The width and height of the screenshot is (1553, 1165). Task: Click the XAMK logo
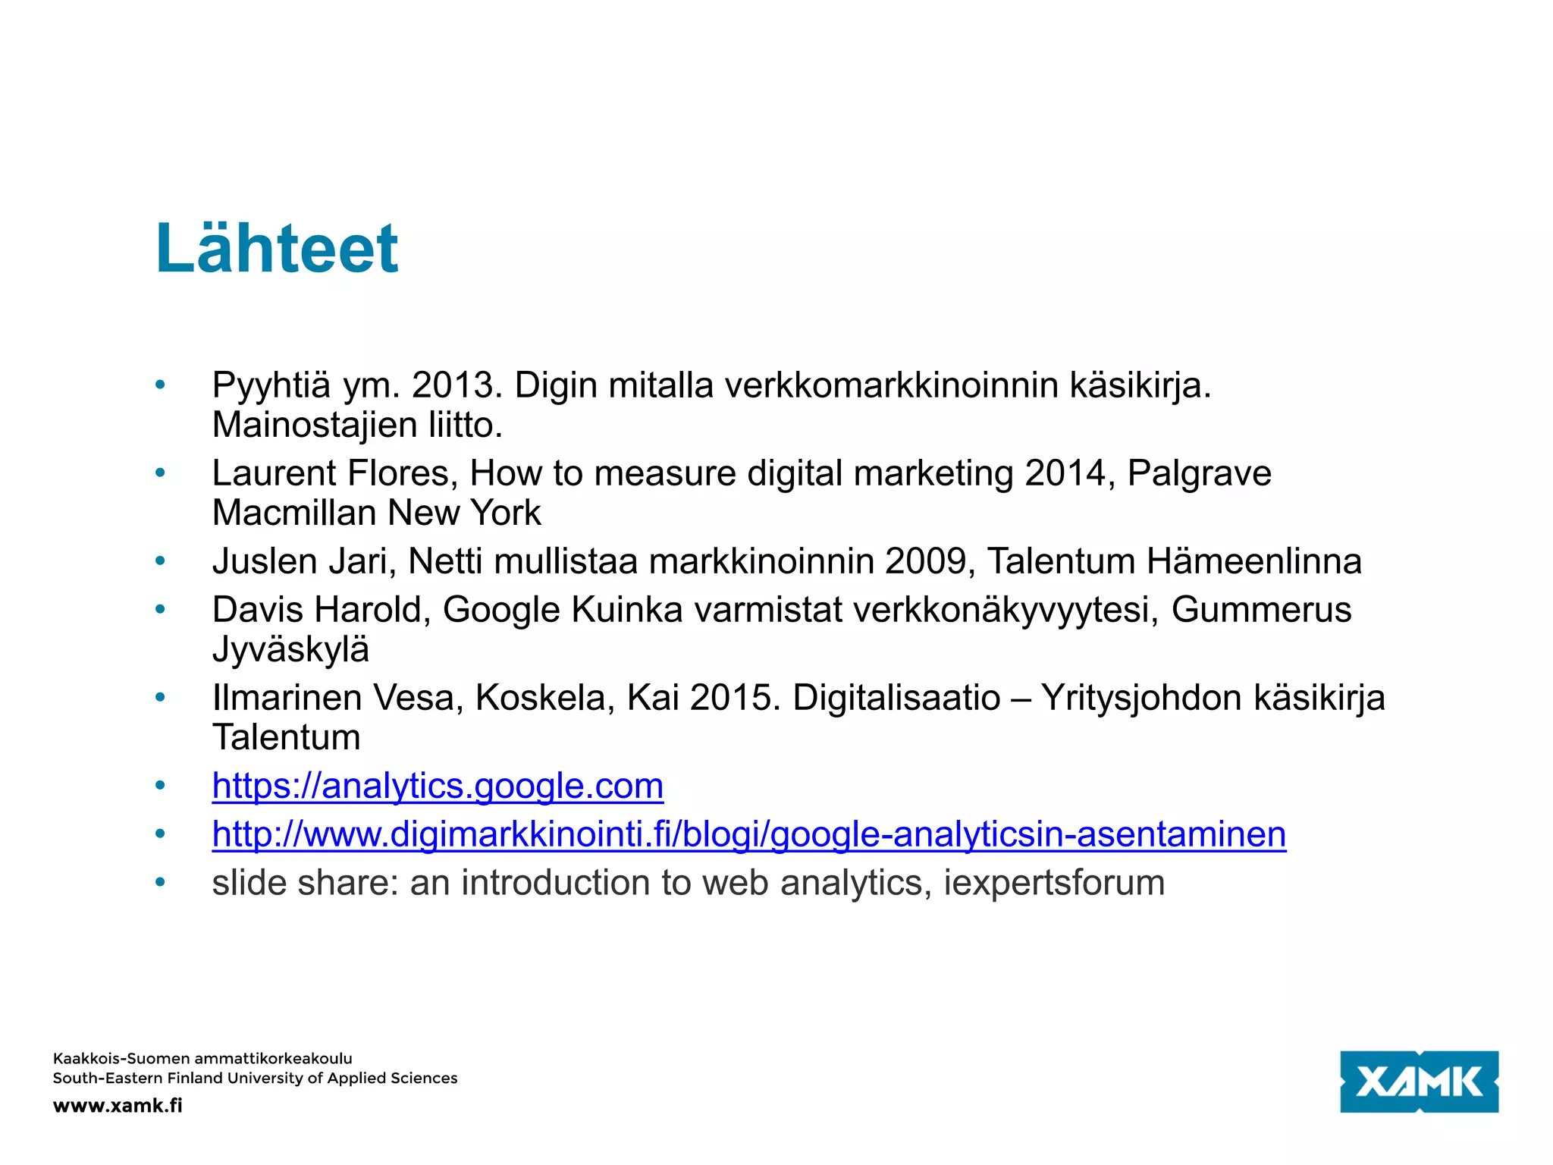click(1419, 1082)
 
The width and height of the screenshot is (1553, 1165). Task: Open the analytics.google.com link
click(438, 786)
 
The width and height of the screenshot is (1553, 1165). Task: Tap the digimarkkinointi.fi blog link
click(748, 834)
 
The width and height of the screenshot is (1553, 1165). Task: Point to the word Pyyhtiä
click(271, 385)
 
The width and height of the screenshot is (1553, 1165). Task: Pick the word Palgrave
click(1199, 473)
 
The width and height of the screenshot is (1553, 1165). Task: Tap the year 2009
click(930, 561)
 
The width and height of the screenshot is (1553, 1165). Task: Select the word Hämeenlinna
click(1253, 561)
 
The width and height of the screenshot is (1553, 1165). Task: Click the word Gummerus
click(1261, 610)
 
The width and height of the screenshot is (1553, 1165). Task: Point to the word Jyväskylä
click(290, 649)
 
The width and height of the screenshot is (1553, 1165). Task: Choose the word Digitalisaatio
click(896, 698)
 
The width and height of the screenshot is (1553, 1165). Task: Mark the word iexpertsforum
click(1054, 883)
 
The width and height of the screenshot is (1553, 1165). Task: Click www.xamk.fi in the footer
click(118, 1105)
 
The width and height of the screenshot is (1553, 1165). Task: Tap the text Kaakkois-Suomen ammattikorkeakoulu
click(202, 1058)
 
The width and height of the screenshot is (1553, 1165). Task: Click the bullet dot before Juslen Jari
click(160, 561)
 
